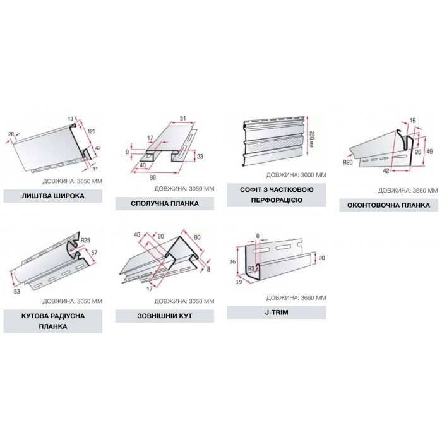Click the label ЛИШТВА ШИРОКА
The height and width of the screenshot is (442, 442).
[53, 196]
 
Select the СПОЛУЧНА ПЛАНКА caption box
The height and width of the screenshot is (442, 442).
[165, 203]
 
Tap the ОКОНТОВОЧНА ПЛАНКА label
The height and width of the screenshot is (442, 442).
[388, 205]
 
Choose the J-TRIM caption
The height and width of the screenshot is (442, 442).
[277, 313]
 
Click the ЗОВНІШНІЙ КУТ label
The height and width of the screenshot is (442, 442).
[165, 316]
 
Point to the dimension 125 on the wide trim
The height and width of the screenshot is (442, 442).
[92, 131]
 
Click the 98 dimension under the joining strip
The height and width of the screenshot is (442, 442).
[153, 177]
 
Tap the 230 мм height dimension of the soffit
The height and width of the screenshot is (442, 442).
[311, 139]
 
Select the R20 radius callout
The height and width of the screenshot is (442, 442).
[348, 162]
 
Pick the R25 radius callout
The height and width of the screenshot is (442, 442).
[85, 241]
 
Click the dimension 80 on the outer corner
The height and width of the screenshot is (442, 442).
[197, 237]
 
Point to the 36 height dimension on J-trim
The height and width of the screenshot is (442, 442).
[232, 261]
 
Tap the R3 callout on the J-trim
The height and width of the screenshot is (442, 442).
[251, 268]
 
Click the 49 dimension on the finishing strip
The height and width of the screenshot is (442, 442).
[429, 152]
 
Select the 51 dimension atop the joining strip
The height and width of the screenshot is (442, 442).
[183, 118]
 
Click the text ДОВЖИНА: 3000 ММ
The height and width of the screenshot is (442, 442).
[296, 175]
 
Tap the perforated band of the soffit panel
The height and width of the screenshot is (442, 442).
[273, 147]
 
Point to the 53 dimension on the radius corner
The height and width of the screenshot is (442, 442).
[17, 291]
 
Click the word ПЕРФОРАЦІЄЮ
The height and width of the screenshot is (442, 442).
[277, 200]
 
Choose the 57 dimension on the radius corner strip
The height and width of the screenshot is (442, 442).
[94, 253]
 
